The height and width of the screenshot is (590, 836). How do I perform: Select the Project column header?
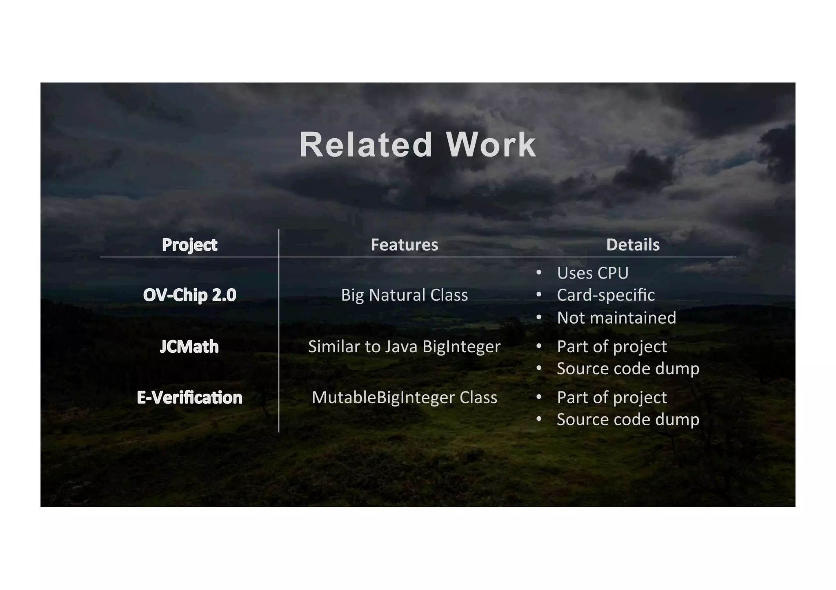pos(189,245)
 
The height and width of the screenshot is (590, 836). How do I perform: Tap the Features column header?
pos(404,245)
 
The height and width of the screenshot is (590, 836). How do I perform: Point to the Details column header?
pos(633,245)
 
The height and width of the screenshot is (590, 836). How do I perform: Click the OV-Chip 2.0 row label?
pos(189,295)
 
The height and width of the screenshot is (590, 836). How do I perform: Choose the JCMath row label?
pos(189,347)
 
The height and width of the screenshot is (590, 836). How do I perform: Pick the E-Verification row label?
pos(189,397)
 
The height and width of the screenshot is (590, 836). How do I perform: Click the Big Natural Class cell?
pos(404,295)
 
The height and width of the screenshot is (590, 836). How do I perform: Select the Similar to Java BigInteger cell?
pos(404,347)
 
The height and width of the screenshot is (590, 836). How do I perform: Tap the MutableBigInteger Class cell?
pos(404,397)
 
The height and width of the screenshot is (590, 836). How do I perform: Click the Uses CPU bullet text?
pos(593,273)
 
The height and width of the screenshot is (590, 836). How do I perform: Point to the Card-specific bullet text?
pos(606,295)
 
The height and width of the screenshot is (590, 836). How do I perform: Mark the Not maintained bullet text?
pos(616,318)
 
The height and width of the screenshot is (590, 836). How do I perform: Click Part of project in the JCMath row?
pos(611,347)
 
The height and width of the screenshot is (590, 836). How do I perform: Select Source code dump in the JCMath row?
pos(628,369)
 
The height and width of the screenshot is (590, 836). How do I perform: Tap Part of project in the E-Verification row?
pos(611,397)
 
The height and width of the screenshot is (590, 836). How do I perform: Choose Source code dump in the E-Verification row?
pos(628,419)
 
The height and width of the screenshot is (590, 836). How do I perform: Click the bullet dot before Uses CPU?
pos(539,272)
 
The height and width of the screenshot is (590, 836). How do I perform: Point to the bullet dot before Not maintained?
pos(539,317)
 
